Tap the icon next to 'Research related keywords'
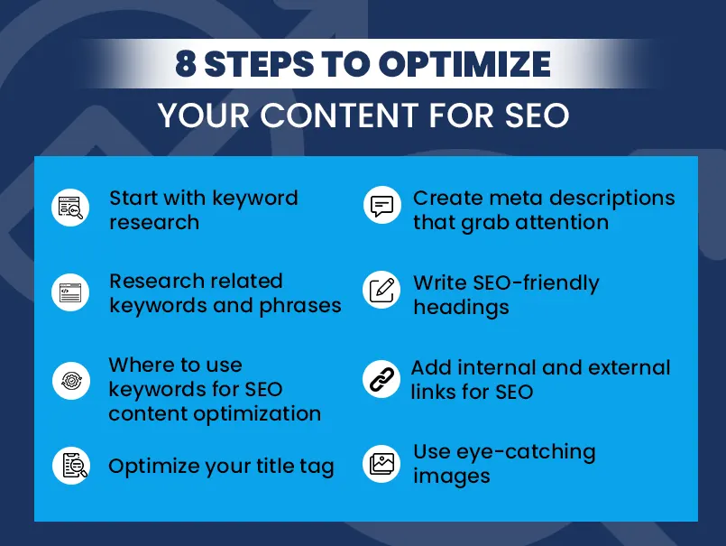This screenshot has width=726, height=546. pyautogui.click(x=69, y=292)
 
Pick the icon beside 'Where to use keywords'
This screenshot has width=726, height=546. pyautogui.click(x=69, y=380)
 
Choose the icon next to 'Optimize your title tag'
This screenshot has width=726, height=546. pyautogui.click(x=69, y=465)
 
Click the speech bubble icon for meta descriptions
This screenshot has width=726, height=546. pyautogui.click(x=382, y=207)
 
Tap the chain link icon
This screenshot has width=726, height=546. pyautogui.click(x=381, y=380)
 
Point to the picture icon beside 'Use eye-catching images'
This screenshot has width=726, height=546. pyautogui.click(x=382, y=464)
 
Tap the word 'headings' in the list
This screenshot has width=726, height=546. pyautogui.click(x=461, y=307)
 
